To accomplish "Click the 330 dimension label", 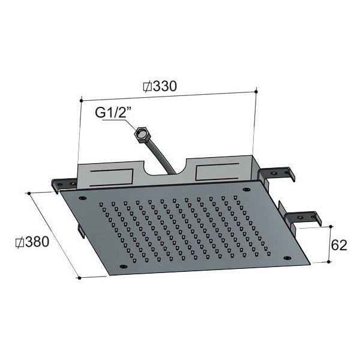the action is tap(165, 86).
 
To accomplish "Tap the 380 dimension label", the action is tap(37, 242).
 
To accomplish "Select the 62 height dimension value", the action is tap(339, 245).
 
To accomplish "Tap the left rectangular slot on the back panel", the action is tap(112, 178).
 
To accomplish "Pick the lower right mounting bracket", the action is tap(303, 219).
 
